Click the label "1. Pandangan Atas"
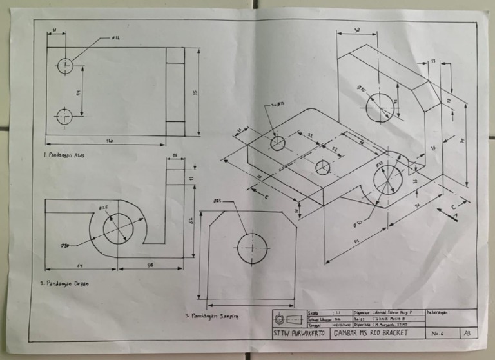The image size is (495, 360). [x=63, y=155]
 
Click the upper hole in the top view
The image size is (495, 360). [x=65, y=65]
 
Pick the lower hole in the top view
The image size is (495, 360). [x=65, y=117]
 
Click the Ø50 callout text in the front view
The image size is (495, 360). [x=65, y=245]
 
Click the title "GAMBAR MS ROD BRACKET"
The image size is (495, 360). [x=371, y=333]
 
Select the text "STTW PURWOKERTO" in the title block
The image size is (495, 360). [x=299, y=334]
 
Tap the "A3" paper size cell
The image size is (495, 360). [x=466, y=334]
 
